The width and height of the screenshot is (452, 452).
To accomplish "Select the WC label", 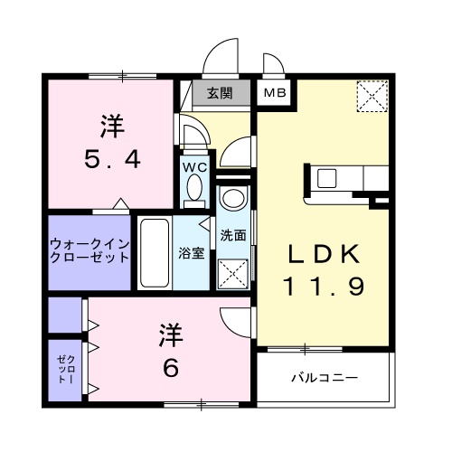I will coord(194,168).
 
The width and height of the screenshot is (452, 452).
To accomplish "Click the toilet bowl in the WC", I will coord(193,188).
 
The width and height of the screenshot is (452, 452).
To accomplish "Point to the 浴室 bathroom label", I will coord(191,253).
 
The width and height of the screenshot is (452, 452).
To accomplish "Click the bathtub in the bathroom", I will coord(154,252).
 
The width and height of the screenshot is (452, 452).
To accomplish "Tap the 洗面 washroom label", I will coord(233,234).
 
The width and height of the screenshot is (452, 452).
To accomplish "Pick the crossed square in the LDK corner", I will coord(372,95).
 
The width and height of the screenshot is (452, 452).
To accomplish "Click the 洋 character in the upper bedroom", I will coord(110,127).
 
